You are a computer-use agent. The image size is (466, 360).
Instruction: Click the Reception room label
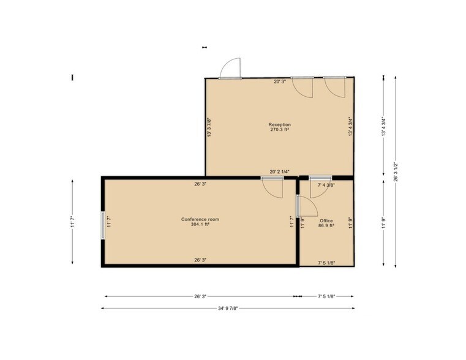pyautogui.click(x=279, y=124)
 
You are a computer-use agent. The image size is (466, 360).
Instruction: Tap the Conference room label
pyautogui.click(x=200, y=219)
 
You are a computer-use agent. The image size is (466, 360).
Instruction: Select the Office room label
pyautogui.click(x=326, y=220)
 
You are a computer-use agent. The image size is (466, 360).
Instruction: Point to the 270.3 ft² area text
pyautogui.click(x=280, y=130)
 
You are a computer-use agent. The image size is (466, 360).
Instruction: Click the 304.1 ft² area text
pyautogui.click(x=200, y=224)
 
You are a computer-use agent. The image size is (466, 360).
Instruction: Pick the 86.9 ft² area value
pyautogui.click(x=326, y=225)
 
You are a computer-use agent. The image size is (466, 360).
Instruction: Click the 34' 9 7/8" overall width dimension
pyautogui.click(x=228, y=309)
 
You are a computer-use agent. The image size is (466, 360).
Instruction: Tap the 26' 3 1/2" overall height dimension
pyautogui.click(x=395, y=171)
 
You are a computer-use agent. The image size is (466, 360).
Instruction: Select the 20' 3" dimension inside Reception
pyautogui.click(x=280, y=81)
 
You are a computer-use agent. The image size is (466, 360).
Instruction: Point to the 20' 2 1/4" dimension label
pyautogui.click(x=279, y=171)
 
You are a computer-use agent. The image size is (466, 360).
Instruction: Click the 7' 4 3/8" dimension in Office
pyautogui.click(x=326, y=185)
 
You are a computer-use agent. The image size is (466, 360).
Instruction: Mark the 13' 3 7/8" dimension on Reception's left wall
pyautogui.click(x=209, y=127)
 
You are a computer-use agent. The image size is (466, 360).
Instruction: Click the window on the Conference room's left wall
pyautogui.click(x=103, y=225)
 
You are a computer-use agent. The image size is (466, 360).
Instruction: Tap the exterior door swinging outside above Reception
pyautogui.click(x=230, y=69)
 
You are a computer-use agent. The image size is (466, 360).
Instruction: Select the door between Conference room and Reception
pyautogui.click(x=272, y=187)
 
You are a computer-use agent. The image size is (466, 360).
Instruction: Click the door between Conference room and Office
pyautogui.click(x=307, y=206)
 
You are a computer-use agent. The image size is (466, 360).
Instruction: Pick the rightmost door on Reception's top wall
pyautogui.click(x=334, y=87)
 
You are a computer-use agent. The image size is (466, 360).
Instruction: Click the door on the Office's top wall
pyautogui.click(x=320, y=187)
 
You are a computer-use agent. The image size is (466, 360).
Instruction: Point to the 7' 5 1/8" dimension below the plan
pyautogui.click(x=326, y=296)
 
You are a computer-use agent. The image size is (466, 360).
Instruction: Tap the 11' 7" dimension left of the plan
pyautogui.click(x=72, y=222)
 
